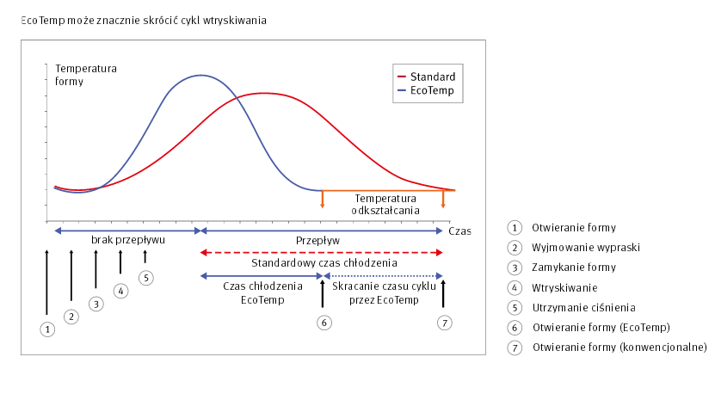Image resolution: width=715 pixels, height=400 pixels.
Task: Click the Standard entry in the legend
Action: point(427,77)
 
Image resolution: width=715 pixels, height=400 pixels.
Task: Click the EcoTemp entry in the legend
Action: point(427,90)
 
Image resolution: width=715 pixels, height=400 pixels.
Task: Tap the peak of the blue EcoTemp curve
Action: point(201,75)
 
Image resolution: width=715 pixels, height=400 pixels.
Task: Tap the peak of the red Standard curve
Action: point(264,94)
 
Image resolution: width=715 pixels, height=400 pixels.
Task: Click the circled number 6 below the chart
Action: point(324,323)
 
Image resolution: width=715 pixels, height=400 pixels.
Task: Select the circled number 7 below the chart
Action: point(445,323)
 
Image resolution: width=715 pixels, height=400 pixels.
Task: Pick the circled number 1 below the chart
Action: point(47,329)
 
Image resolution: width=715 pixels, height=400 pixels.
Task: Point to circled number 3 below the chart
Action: point(96,305)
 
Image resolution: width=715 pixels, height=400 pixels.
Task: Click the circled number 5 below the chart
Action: point(146,278)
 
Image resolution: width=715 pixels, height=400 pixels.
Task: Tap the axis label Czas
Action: point(459,231)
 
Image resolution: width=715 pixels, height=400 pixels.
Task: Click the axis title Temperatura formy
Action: point(86,75)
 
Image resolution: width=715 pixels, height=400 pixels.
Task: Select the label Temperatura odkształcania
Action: point(385,205)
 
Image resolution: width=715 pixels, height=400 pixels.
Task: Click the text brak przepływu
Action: point(128,240)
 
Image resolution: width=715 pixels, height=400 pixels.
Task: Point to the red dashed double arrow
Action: point(322,252)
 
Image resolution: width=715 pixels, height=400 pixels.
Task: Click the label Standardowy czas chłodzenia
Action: point(324,263)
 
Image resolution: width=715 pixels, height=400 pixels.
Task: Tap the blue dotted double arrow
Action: point(383,276)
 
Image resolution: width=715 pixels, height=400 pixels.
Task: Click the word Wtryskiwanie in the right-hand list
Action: point(564,288)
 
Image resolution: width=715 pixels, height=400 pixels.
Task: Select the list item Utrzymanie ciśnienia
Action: point(583,308)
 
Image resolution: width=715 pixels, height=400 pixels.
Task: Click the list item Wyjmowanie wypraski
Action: point(586,248)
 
